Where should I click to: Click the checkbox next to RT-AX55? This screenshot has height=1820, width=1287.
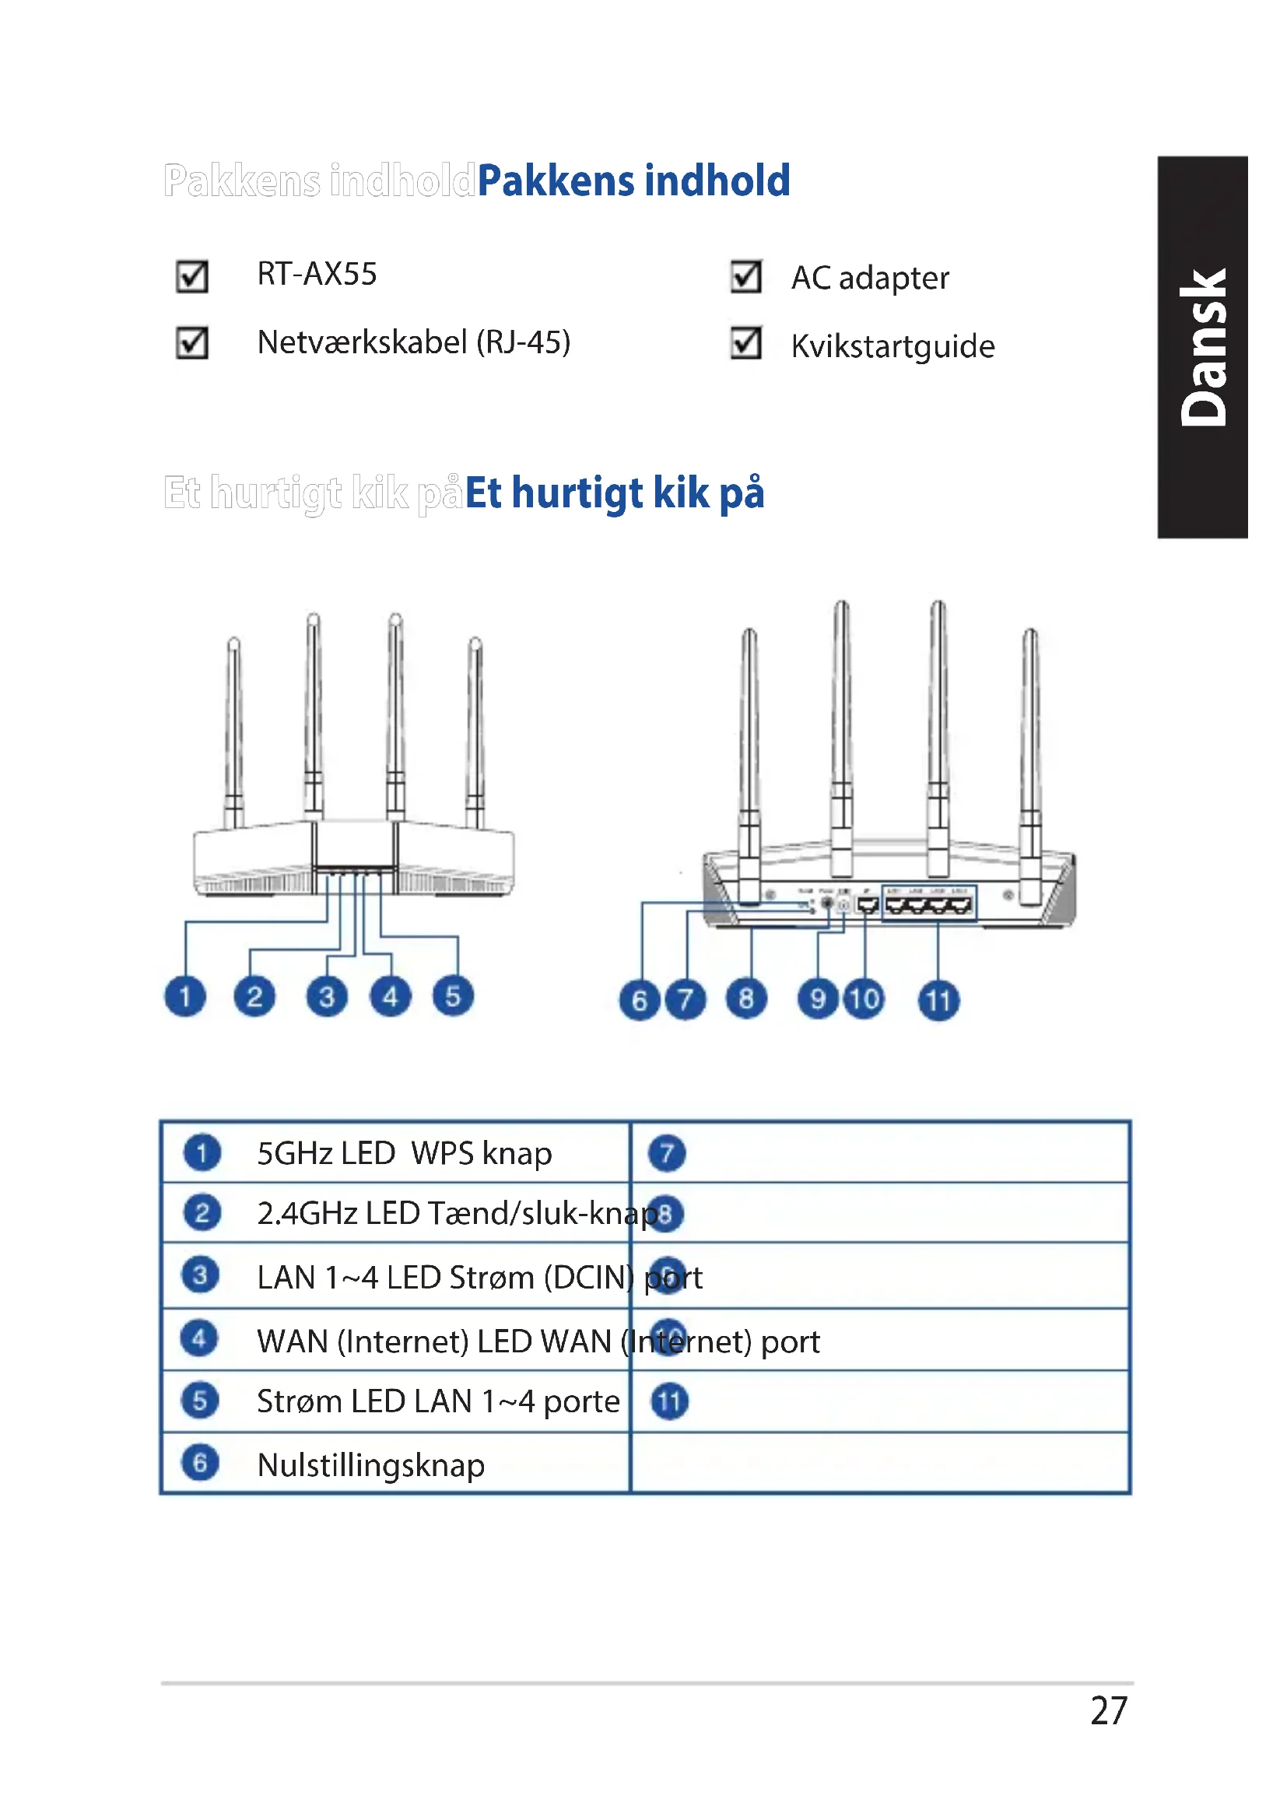click(191, 277)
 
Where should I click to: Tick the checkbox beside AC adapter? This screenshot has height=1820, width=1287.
click(745, 277)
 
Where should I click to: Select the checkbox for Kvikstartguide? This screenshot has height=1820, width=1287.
click(745, 342)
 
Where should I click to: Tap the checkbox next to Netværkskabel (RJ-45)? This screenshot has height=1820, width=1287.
click(191, 342)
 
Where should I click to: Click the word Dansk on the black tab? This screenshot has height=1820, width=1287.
click(1203, 347)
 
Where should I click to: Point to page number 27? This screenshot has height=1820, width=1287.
click(1108, 1710)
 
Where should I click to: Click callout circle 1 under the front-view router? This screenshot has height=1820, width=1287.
click(184, 996)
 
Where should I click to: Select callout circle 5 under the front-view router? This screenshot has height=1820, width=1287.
click(453, 996)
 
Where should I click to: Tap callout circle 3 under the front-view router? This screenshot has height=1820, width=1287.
click(327, 996)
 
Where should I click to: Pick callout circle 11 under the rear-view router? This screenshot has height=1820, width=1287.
click(938, 1000)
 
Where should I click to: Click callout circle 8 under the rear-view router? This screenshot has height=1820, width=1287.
click(745, 998)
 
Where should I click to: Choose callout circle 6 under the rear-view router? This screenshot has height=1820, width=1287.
click(640, 1000)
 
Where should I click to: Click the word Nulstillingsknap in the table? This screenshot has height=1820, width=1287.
click(371, 1465)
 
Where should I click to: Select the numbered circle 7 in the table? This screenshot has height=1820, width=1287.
click(667, 1153)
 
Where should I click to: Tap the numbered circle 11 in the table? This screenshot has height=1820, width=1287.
click(670, 1401)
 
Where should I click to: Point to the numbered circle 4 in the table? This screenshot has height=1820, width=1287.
click(199, 1339)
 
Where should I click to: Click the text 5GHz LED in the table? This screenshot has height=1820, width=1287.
click(326, 1153)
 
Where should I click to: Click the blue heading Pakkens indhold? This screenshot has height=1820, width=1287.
click(633, 181)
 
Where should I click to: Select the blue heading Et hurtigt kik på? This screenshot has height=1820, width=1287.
click(614, 493)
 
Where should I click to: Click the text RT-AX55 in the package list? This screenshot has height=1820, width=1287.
click(317, 274)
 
